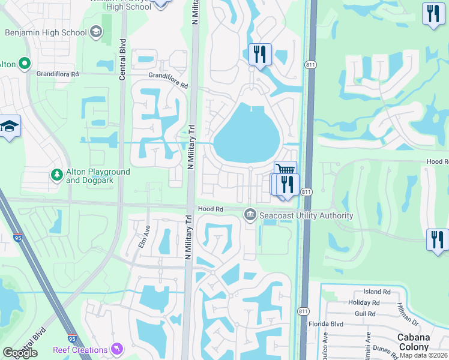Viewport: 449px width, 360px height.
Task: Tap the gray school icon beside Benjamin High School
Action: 96,32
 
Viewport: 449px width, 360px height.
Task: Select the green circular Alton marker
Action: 24,63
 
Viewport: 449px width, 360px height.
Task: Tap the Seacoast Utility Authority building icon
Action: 250,214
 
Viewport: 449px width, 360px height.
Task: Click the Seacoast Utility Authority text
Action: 306,215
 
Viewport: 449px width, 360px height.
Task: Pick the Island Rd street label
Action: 376,292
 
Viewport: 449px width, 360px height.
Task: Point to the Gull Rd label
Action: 365,313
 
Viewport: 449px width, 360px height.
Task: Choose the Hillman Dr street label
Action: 404,311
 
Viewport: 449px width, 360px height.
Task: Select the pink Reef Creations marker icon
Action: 118,349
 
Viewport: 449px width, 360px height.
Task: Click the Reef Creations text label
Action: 79,349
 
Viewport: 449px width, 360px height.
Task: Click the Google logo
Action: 20,353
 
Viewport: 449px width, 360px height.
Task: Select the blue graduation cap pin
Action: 10,126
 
